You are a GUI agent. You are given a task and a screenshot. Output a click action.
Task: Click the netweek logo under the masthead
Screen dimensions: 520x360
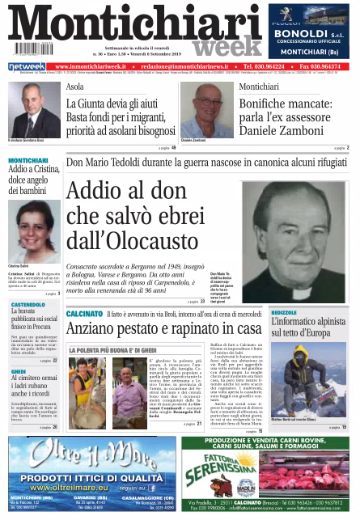(x=27, y=66)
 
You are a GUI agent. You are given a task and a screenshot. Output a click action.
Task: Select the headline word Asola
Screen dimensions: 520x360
(x=74, y=87)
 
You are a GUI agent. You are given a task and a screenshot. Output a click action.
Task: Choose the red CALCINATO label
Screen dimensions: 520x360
(x=84, y=312)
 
